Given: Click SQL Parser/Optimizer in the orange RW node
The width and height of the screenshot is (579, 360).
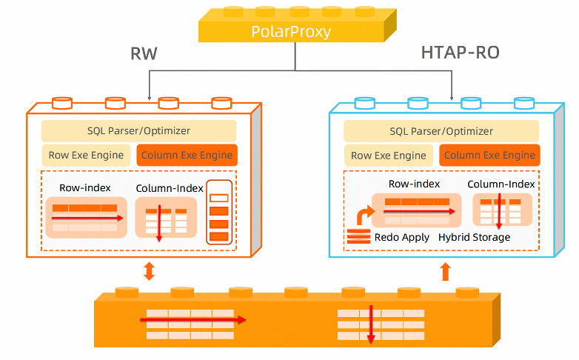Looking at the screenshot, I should [138, 131].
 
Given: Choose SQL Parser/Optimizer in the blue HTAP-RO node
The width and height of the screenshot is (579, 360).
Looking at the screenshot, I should [441, 131].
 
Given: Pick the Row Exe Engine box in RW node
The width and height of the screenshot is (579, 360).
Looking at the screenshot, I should [86, 156].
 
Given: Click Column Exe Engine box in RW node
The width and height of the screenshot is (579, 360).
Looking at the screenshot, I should [187, 156].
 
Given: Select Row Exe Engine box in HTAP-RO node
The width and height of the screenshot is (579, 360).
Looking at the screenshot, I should [389, 156].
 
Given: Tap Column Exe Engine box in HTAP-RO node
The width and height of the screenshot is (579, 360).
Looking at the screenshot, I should [489, 156].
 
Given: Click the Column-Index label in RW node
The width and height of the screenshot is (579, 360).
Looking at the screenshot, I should [170, 188].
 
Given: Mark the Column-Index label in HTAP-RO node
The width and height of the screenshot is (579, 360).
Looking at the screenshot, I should [502, 184].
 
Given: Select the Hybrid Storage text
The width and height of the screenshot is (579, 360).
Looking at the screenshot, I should [474, 237].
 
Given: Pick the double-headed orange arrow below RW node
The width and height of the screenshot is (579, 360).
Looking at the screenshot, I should [149, 272].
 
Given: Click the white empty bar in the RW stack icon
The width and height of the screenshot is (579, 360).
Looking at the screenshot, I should [219, 198].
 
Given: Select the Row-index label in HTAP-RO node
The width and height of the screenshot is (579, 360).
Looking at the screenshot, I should [415, 184].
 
